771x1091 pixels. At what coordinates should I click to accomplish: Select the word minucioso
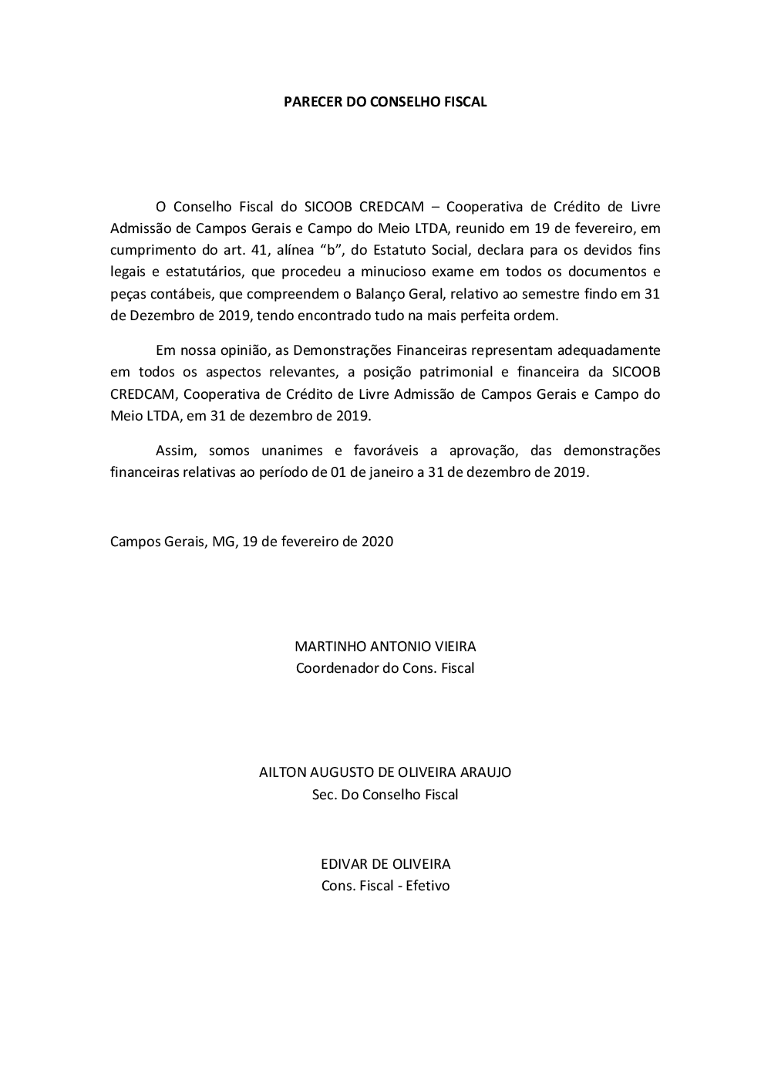410,272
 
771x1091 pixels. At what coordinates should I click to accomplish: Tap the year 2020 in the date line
377,541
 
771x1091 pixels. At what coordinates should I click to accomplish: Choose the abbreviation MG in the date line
224,541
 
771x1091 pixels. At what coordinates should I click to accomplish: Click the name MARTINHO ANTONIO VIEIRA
385,647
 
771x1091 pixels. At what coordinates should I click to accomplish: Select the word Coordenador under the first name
337,668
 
